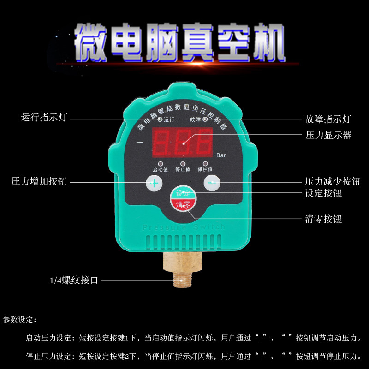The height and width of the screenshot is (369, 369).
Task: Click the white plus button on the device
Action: [x=155, y=183]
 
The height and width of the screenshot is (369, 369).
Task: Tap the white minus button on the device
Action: [x=212, y=183]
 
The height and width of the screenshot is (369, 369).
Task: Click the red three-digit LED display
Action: [x=183, y=143]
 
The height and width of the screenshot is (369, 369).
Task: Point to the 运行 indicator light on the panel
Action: [x=160, y=119]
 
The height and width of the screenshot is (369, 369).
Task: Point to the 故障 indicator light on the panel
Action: [x=204, y=119]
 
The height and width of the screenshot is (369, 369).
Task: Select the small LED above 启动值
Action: [x=160, y=164]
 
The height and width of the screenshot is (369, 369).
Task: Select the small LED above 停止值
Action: [x=183, y=164]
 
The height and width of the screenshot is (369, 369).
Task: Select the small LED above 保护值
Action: [x=205, y=164]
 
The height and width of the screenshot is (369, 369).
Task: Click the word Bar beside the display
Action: [x=221, y=155]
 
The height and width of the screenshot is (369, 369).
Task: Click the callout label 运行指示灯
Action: [x=44, y=118]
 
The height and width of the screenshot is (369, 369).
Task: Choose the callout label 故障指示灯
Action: [x=328, y=119]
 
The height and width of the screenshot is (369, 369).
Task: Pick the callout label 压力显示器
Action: [x=328, y=135]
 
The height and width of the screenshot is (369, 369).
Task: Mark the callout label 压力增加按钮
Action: [x=39, y=182]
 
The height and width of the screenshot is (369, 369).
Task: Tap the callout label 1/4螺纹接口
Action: [x=74, y=280]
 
